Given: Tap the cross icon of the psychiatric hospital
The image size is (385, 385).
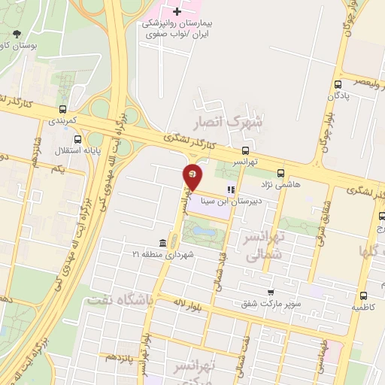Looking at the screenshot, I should (177, 11).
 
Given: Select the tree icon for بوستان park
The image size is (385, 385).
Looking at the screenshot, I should (17, 34).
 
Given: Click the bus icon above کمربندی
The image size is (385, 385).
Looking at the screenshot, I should (62, 109).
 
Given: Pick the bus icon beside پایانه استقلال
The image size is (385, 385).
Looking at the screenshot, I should (78, 139).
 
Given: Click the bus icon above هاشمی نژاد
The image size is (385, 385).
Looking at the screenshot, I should (281, 172).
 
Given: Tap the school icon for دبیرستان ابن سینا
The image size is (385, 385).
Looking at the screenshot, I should (230, 190).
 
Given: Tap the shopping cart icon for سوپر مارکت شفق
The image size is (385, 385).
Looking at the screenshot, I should (270, 293).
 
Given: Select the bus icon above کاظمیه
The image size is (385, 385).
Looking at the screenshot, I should (363, 296).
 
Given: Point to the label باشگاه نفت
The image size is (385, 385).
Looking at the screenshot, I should (120, 299).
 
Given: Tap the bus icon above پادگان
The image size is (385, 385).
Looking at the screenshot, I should (338, 86).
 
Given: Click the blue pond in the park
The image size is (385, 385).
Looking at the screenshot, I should (198, 229).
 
